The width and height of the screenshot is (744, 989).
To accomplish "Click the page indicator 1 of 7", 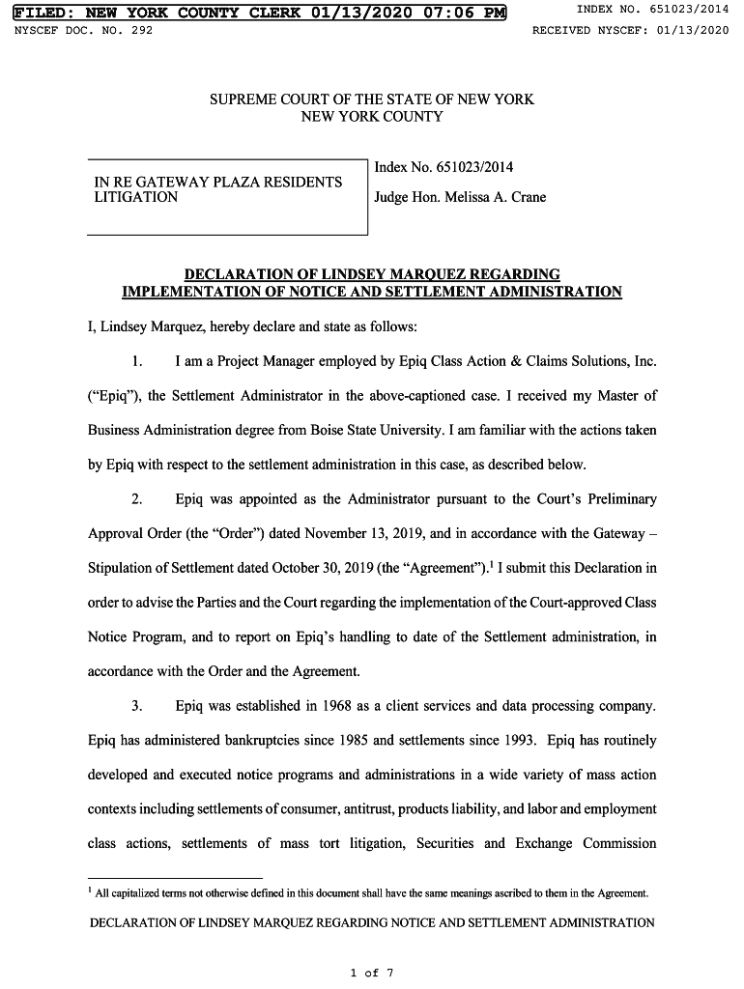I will pos(372,973).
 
